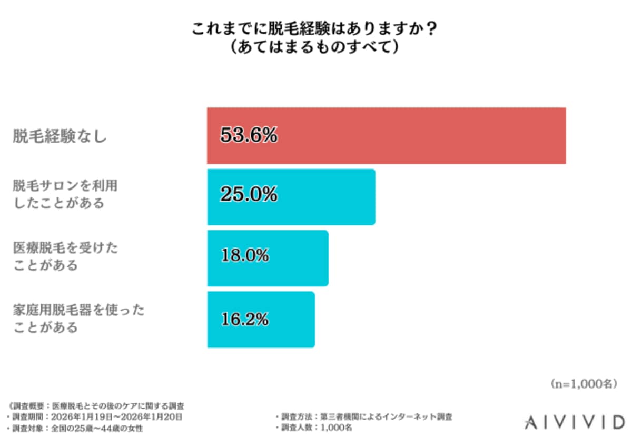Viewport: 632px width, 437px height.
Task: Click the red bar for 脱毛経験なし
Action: point(386,136)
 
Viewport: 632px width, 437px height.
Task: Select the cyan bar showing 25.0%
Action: point(291,197)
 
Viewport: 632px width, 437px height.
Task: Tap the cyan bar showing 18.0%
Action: point(268,258)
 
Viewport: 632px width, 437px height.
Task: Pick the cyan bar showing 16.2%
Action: point(261,319)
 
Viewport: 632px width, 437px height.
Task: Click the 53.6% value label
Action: point(249,136)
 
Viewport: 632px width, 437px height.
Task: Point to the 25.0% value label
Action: point(249,195)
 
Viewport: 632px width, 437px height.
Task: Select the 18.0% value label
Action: point(244,256)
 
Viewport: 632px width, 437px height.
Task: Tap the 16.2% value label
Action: point(244,319)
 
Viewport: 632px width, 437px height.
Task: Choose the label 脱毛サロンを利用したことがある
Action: point(65,195)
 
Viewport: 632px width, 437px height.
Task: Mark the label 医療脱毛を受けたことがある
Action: point(65,256)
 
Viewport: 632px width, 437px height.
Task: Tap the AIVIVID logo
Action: point(574,421)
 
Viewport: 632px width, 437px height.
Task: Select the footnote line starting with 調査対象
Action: point(76,428)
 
